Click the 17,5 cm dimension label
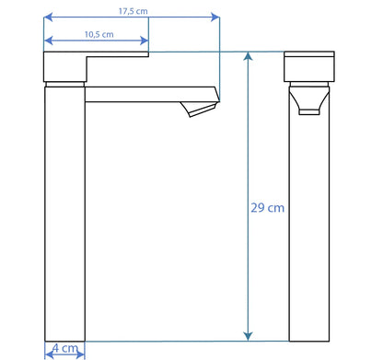(133, 11)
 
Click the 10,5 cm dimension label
(99, 34)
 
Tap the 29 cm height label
(267, 208)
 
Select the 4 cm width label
(65, 348)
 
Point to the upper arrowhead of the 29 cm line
(248, 56)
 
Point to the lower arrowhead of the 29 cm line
(248, 336)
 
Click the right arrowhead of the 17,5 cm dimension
(215, 17)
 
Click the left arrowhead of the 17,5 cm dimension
(48, 17)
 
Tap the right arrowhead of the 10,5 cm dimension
(145, 41)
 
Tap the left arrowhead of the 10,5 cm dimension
(48, 41)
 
